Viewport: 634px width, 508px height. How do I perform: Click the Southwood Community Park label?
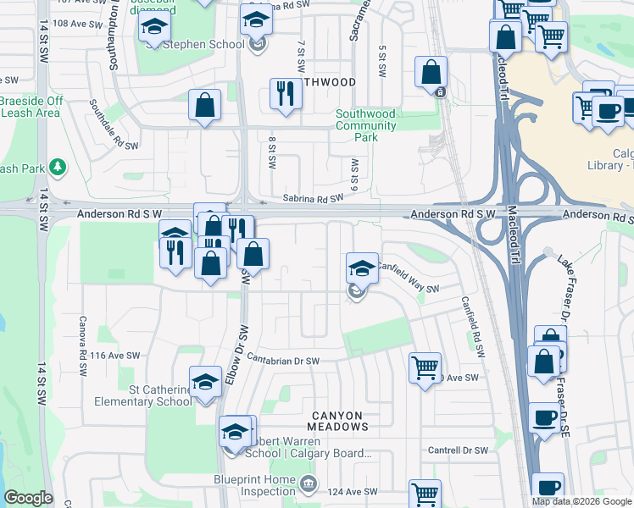pyautogui.click(x=365, y=125)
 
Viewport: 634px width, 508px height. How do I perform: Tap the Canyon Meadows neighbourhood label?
pyautogui.click(x=336, y=421)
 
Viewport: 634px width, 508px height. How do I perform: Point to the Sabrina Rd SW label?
pyautogui.click(x=313, y=198)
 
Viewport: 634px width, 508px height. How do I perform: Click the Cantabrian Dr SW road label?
pyautogui.click(x=283, y=360)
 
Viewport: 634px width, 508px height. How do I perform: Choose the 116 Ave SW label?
pyautogui.click(x=110, y=356)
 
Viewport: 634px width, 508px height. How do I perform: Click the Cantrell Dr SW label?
pyautogui.click(x=458, y=450)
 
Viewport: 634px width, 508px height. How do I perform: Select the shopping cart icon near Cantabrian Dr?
pyautogui.click(x=425, y=367)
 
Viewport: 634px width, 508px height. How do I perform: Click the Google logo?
pyautogui.click(x=28, y=498)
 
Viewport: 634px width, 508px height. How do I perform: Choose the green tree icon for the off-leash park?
pyautogui.click(x=58, y=168)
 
